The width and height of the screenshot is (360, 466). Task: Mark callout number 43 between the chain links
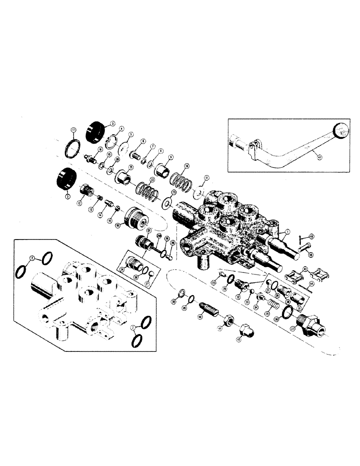point(305,268)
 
